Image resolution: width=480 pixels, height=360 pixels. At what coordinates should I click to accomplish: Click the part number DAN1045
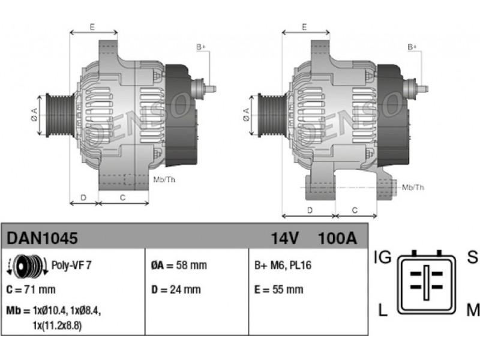point(42,238)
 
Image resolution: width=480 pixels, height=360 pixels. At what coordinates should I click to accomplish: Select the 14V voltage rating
point(284,238)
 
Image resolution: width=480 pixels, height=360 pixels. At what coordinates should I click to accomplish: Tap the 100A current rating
point(338,238)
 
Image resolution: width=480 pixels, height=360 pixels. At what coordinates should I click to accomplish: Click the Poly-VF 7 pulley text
point(71,265)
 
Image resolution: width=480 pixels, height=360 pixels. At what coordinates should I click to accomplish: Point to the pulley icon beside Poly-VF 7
point(27,265)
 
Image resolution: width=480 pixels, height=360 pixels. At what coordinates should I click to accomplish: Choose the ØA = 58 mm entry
point(179,265)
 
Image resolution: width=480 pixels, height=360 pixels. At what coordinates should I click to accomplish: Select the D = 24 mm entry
point(176,289)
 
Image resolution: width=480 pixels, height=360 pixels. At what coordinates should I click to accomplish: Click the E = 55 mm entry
point(279,289)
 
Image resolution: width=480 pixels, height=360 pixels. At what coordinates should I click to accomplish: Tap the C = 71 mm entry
point(31,289)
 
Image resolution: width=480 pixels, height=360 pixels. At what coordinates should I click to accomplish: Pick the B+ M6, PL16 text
point(283,265)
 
